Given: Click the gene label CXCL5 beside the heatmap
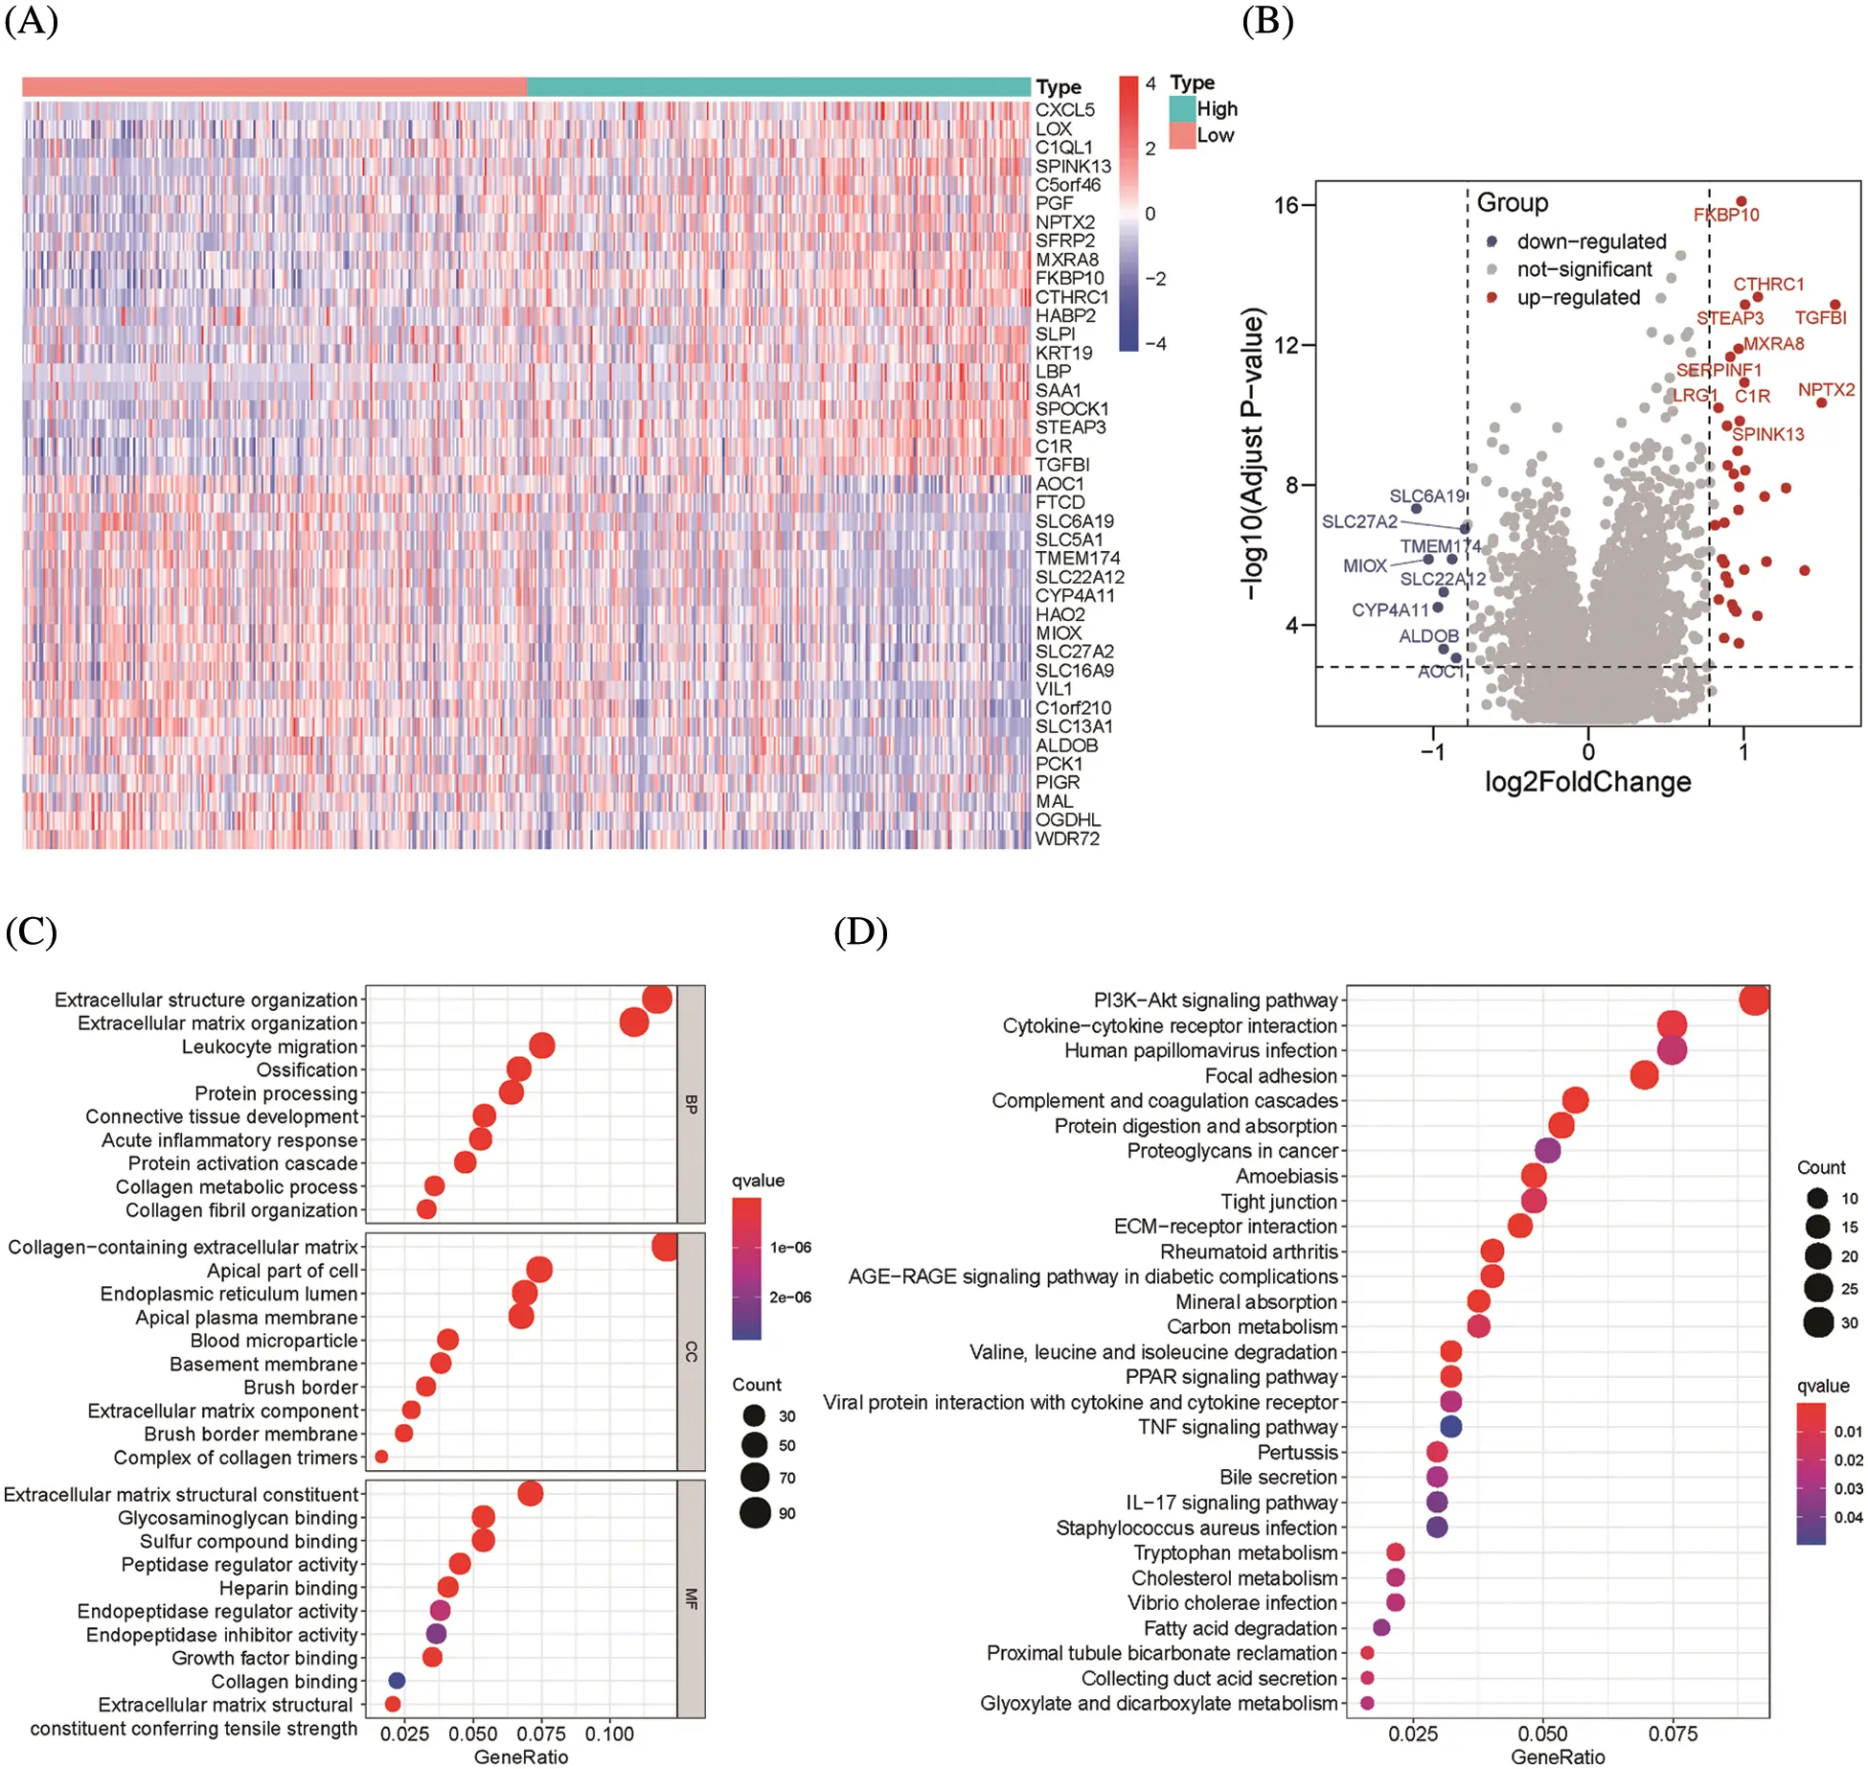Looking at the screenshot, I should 1063,110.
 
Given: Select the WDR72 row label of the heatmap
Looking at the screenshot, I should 1066,839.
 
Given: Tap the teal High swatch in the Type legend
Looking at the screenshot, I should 1182,108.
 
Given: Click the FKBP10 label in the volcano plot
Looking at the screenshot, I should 1725,215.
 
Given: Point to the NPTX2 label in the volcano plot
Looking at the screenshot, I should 1825,389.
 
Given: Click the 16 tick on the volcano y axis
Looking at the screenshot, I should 1286,205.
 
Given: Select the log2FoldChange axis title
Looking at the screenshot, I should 1587,782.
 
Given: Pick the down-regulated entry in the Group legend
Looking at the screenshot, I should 1590,241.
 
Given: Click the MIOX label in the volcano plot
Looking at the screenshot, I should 1364,565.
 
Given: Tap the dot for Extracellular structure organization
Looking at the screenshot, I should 657,999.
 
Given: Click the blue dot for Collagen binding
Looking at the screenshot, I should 397,1680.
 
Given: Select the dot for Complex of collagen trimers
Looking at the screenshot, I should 381,1457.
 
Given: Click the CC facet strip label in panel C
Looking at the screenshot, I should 691,1351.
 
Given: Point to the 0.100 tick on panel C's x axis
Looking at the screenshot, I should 609,1734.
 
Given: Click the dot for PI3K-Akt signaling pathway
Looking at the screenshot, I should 1753,999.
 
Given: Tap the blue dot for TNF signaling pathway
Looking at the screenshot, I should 1450,1426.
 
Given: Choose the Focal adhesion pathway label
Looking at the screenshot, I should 1270,1075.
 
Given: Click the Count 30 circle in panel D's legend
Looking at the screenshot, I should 1817,1322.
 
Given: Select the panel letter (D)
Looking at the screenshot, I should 859,931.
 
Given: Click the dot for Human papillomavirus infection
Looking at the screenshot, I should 1671,1050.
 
